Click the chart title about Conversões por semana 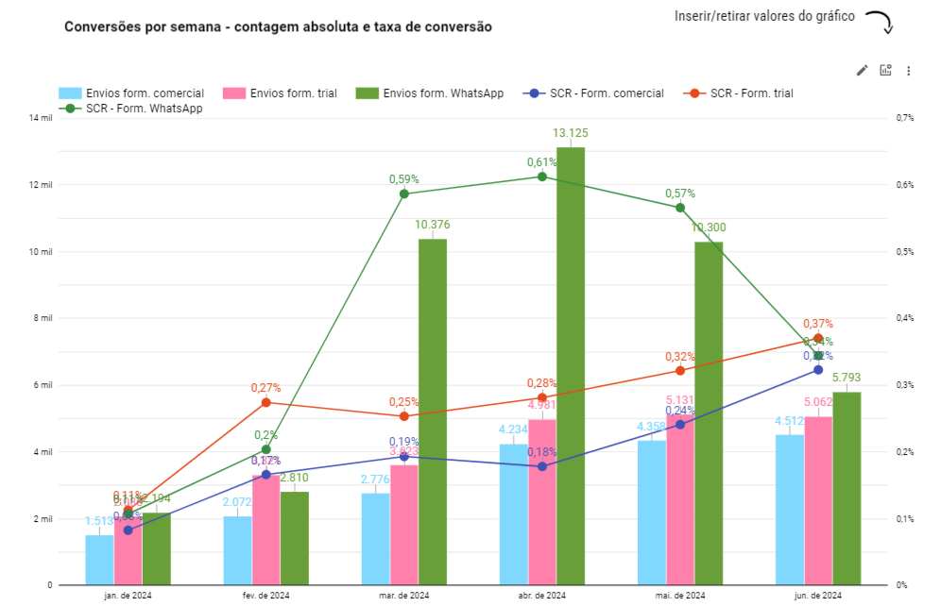coord(278,27)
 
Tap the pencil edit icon coord(862,70)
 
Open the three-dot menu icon coord(908,70)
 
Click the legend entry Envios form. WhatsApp coord(430,93)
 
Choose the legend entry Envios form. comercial coord(131,93)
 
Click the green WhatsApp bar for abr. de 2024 coord(571,366)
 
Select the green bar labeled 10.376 coord(433,412)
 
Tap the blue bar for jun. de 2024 coord(789,510)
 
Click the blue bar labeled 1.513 coord(99,560)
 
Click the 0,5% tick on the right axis coord(904,252)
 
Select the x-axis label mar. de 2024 coord(403,596)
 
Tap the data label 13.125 coord(571,133)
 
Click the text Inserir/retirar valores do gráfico coord(764,17)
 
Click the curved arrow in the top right coord(881,22)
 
